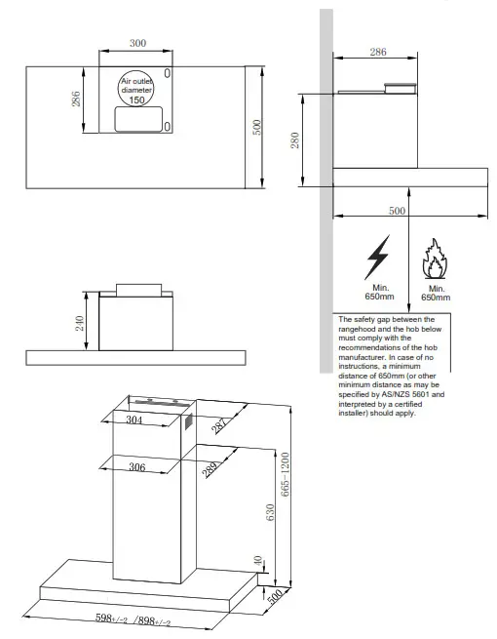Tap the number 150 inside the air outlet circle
point(137,100)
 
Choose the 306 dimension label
point(136,468)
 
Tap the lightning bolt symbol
point(376,260)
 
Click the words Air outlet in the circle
point(137,81)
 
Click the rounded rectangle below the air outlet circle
point(137,120)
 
